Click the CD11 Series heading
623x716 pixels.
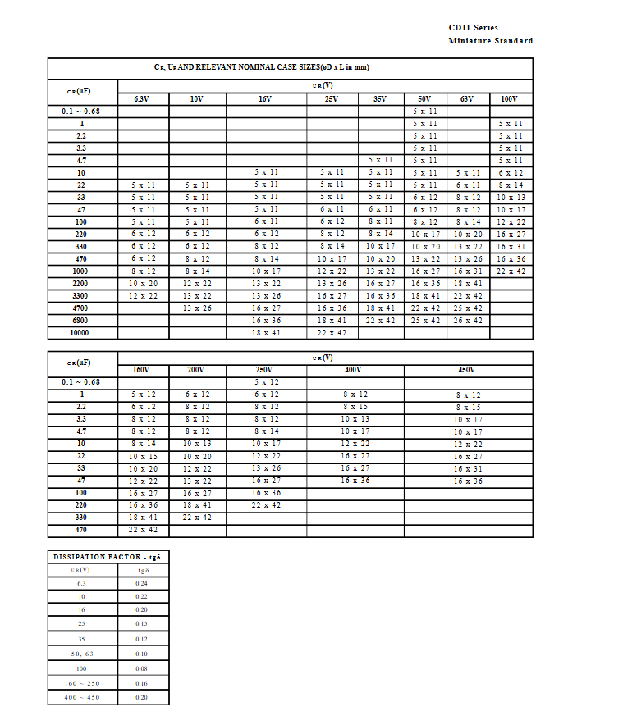coord(473,28)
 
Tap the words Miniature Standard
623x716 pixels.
coord(490,40)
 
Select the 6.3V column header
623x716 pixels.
coord(141,99)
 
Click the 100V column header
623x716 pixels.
coord(509,99)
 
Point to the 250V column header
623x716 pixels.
coord(264,370)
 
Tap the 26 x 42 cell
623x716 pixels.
coord(467,321)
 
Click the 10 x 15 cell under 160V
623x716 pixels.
coord(142,456)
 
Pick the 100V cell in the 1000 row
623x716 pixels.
coord(510,271)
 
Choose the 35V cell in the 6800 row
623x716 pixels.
coord(379,321)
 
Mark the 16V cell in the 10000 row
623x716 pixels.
coord(265,333)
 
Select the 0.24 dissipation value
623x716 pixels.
coord(142,583)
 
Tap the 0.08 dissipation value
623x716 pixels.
coord(142,669)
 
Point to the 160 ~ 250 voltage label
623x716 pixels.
coord(82,683)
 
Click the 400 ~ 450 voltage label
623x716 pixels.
coord(82,697)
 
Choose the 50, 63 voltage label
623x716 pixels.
coord(82,654)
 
